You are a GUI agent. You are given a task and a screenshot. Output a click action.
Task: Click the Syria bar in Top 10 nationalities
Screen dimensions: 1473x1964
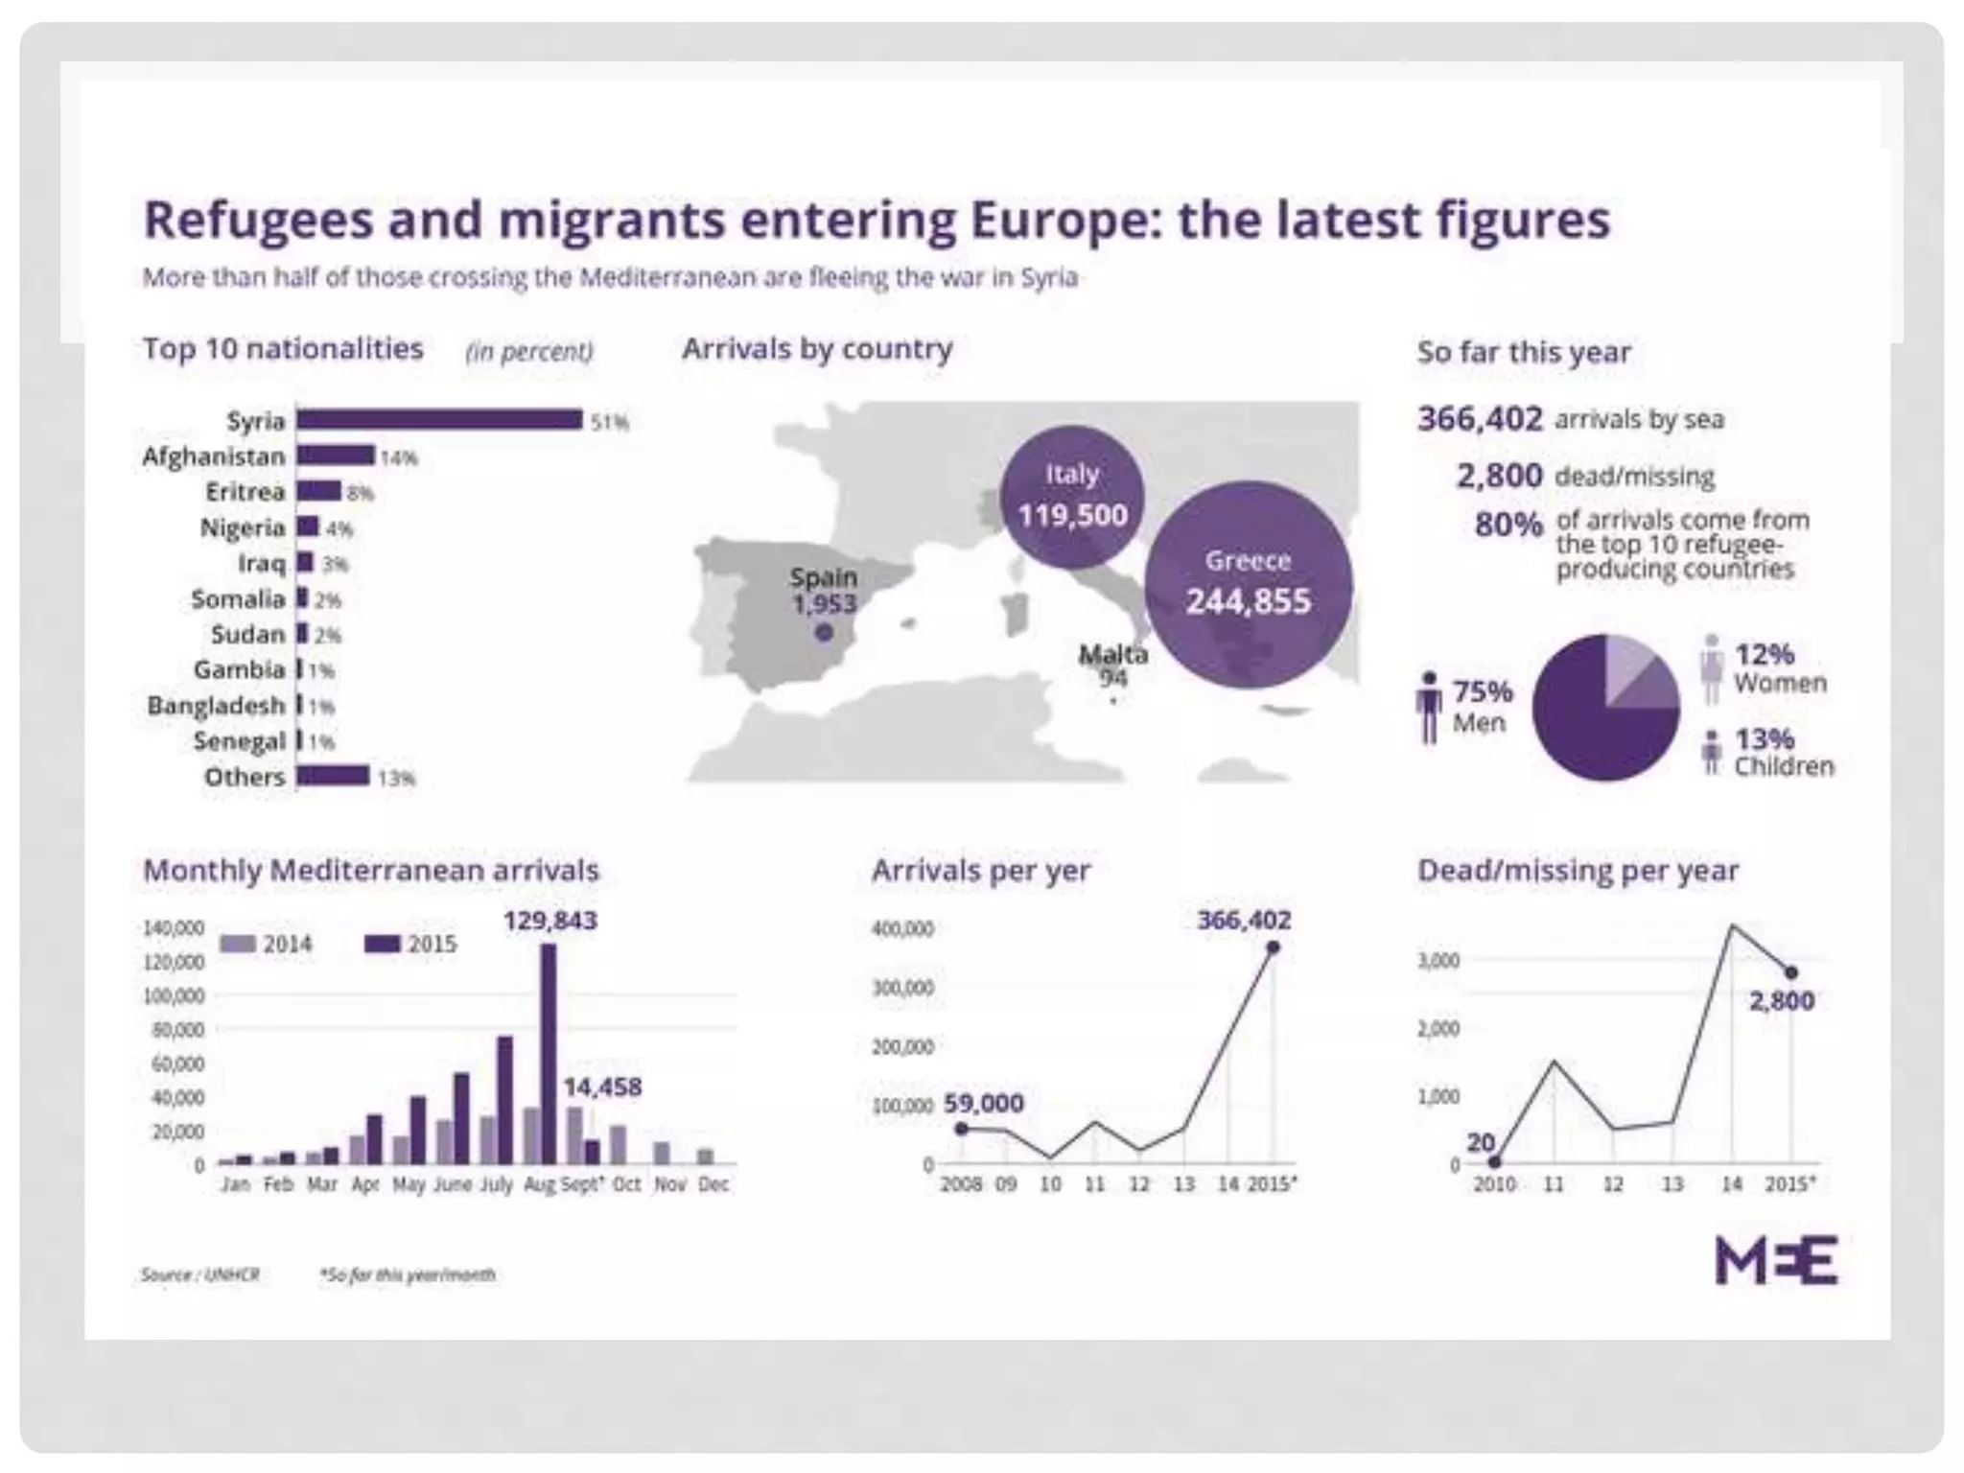coord(438,419)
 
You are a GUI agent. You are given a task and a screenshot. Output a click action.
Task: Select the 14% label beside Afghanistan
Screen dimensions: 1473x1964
coord(399,457)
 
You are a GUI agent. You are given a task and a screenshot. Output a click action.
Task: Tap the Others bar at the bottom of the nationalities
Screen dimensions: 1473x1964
coord(332,775)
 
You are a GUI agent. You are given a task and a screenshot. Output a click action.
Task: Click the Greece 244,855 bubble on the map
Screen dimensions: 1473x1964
coord(1248,584)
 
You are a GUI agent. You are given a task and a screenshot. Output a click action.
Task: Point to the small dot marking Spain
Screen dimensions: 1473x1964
coord(824,632)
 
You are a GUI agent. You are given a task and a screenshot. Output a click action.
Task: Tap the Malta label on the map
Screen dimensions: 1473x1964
coord(1112,655)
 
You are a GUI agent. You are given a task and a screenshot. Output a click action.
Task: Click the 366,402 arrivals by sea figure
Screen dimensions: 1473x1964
coord(1480,419)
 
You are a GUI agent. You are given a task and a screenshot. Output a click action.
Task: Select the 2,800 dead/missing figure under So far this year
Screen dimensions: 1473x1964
coord(1499,476)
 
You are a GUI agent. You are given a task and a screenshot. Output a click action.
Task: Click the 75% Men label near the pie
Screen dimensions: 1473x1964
coord(1482,706)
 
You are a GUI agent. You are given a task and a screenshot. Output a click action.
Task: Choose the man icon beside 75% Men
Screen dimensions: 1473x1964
coord(1429,708)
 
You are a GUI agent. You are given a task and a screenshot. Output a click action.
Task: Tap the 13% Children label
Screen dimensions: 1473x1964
coord(1782,752)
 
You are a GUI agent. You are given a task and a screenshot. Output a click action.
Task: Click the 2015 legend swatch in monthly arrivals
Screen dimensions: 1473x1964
coord(382,945)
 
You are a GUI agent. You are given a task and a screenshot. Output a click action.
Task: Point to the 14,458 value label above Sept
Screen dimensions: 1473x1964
coord(601,1087)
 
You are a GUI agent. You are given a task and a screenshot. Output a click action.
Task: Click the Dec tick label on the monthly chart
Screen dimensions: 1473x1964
coord(713,1184)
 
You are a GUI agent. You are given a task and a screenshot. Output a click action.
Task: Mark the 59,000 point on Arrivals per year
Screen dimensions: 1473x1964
coord(962,1129)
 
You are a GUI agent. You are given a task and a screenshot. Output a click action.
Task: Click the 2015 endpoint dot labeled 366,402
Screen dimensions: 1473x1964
coord(1273,947)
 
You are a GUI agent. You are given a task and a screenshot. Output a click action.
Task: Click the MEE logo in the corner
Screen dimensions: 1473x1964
coord(1776,1260)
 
